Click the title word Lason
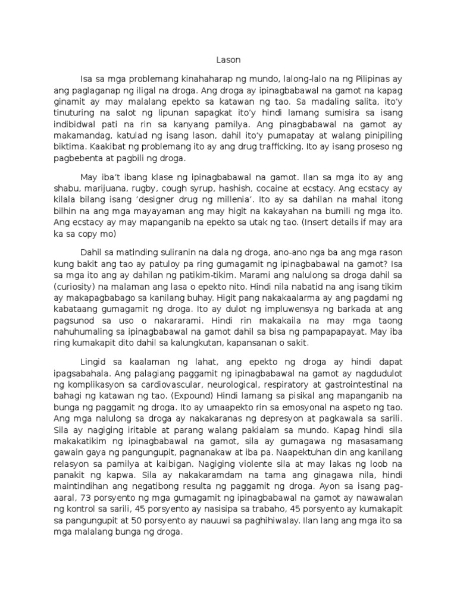[228, 60]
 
